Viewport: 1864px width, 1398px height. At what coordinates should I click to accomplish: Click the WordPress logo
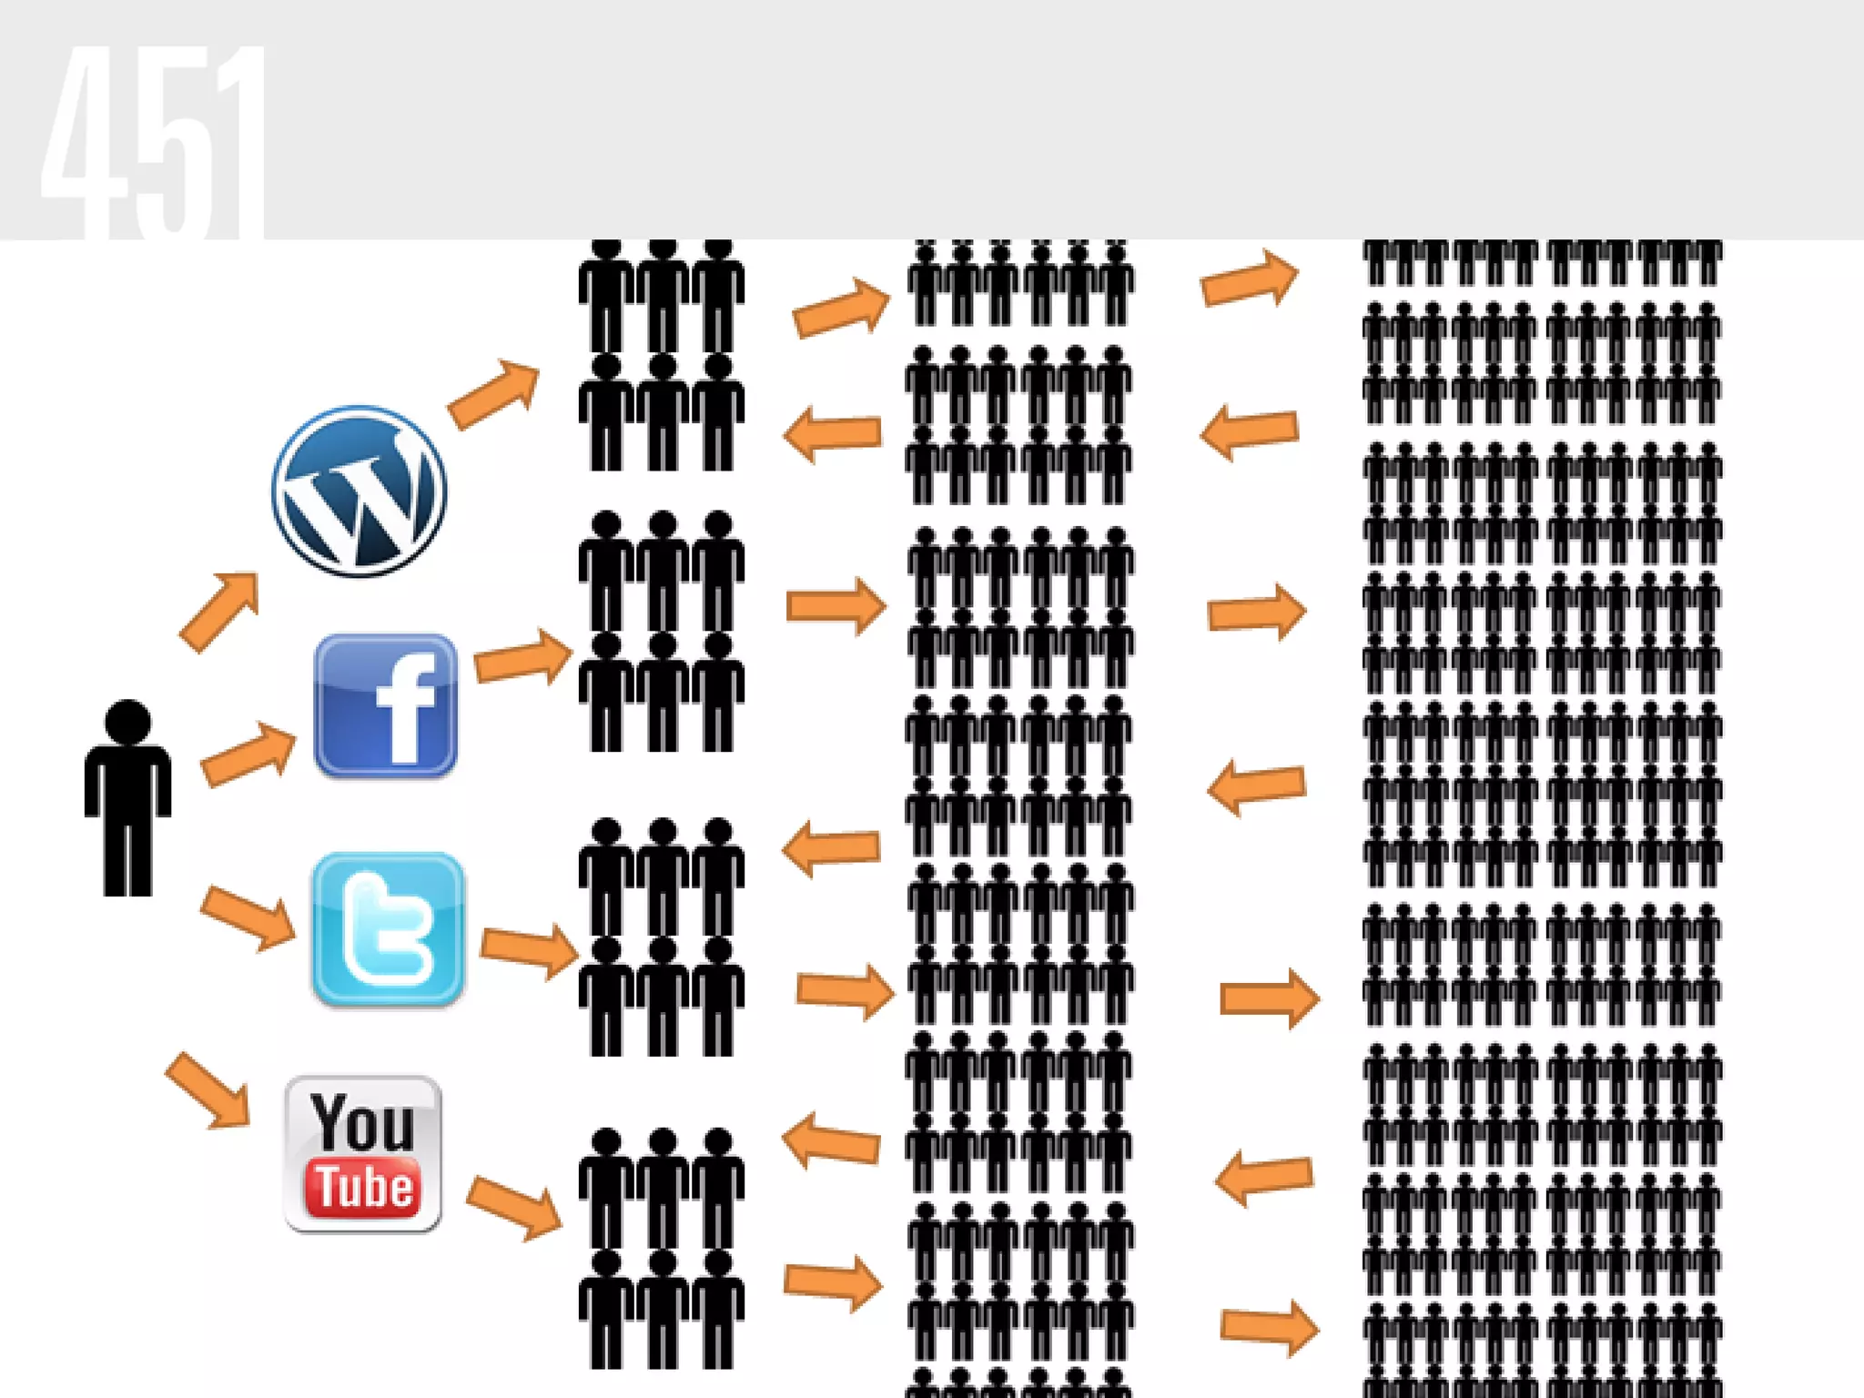359,491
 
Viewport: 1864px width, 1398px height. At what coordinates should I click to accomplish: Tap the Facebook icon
385,705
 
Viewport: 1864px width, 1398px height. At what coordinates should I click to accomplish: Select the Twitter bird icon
388,929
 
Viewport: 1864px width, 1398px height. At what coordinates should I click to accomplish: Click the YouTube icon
363,1154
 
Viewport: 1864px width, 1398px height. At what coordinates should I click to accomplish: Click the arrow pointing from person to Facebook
248,754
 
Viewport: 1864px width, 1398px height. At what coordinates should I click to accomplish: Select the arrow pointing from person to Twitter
248,917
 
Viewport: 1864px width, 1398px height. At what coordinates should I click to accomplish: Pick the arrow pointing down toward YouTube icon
208,1090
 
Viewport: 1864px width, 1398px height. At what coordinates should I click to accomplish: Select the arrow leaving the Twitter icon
529,950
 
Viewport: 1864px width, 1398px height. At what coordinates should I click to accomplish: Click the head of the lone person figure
127,723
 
